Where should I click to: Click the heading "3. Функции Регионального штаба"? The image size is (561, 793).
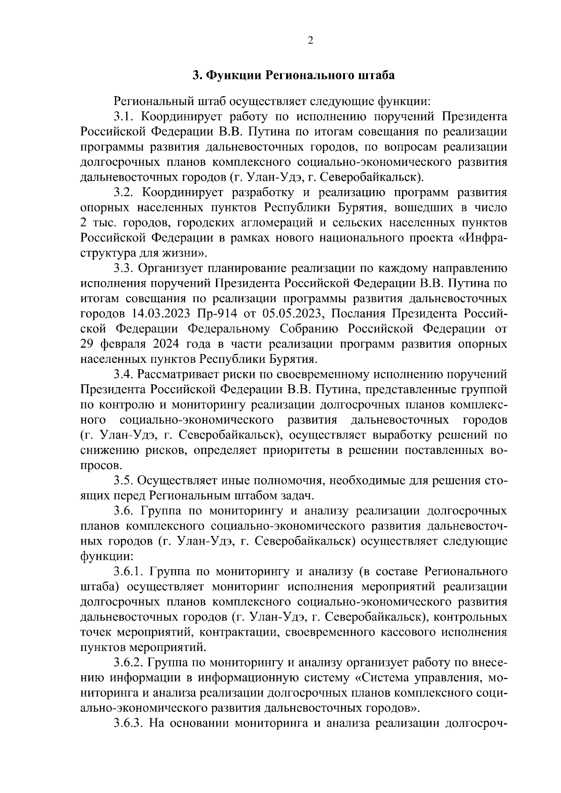pyautogui.click(x=294, y=75)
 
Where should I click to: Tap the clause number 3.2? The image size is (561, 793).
pyautogui.click(x=124, y=192)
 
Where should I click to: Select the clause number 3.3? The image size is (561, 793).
pyautogui.click(x=124, y=269)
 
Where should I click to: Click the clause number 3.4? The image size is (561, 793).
pyautogui.click(x=124, y=375)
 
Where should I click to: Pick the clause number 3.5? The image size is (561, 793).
pyautogui.click(x=124, y=481)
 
